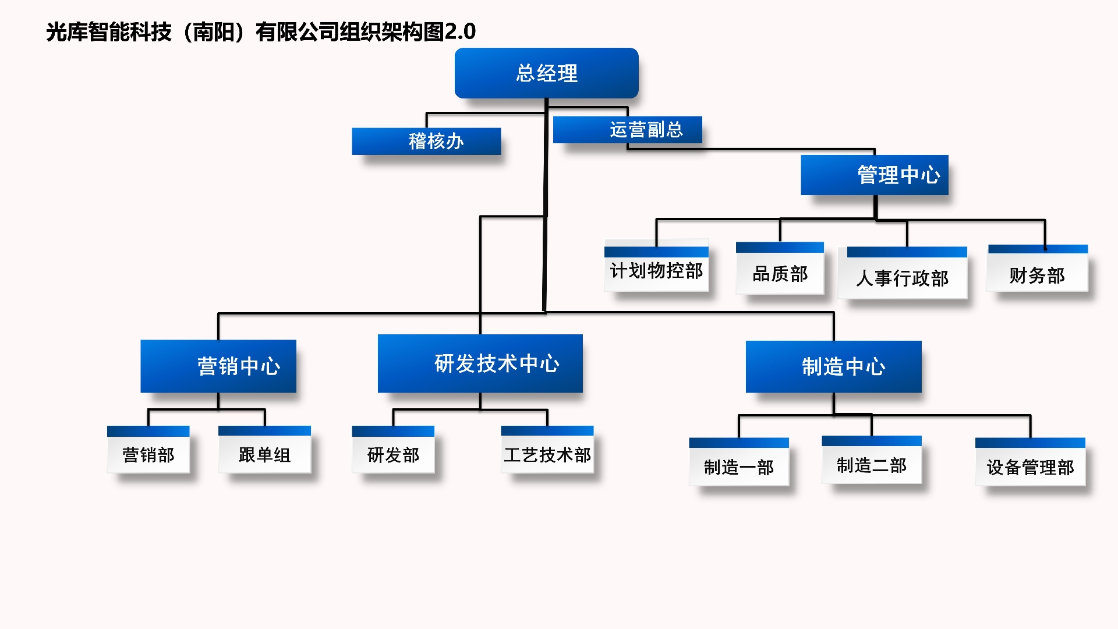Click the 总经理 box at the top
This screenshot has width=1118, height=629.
point(546,73)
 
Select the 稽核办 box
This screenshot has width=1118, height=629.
point(426,141)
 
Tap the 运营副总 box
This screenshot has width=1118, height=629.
point(628,129)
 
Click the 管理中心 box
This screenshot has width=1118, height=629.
point(875,175)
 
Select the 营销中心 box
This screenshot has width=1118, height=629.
point(218,366)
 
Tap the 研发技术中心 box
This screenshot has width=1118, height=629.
point(480,363)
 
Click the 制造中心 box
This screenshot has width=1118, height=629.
point(834,366)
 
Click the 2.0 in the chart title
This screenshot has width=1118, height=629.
point(460,31)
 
